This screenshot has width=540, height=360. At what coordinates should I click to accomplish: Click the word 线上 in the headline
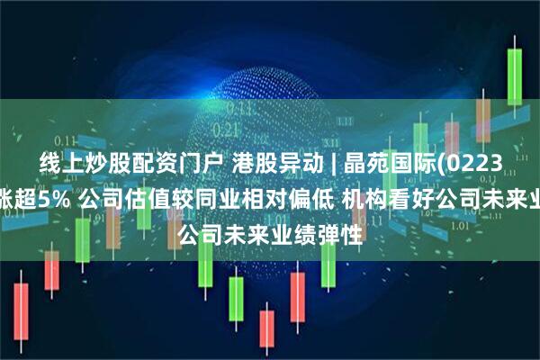(x=54, y=165)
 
